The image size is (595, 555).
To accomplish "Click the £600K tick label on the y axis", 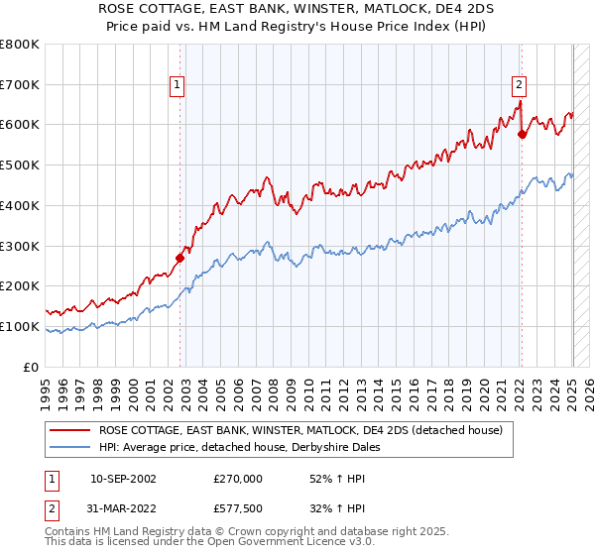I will point(20,125).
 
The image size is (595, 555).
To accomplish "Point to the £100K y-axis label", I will point(20,326).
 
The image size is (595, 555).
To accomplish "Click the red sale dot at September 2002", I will point(179,258).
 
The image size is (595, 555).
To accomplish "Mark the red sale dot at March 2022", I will point(523,134).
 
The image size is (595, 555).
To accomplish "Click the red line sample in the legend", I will point(68,430).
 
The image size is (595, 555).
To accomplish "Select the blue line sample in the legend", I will point(68,447).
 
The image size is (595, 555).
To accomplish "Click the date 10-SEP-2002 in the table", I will point(123,478).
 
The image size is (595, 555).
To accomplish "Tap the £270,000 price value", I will point(238,478).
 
